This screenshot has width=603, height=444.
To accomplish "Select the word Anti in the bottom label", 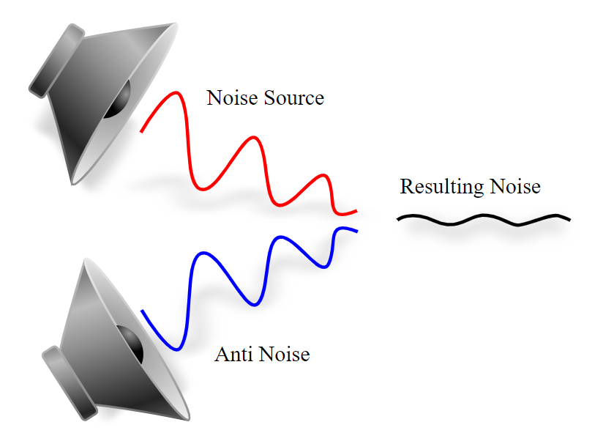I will coord(232,355).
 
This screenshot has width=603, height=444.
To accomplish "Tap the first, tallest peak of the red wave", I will coord(176,92).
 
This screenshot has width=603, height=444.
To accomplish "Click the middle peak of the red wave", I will coord(253,137).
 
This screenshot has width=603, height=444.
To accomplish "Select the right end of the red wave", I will coord(356,211).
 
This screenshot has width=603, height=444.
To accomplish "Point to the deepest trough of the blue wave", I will coord(176,349).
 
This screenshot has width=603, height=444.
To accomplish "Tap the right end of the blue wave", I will coord(356,232).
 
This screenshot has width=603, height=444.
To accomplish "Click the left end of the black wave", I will coord(399,219).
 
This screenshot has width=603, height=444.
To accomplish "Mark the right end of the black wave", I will coord(569,219).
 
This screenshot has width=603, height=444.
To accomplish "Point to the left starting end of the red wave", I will coord(142,131).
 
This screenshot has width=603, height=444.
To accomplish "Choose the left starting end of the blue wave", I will coord(142,311).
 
